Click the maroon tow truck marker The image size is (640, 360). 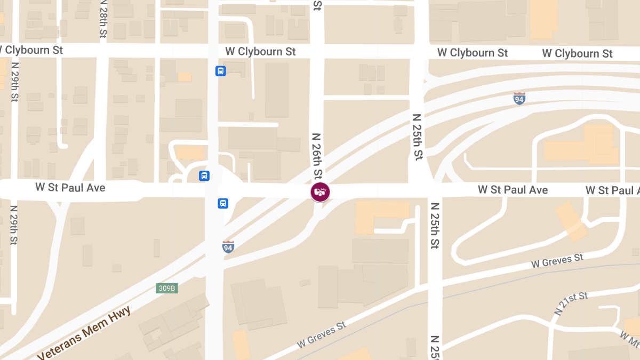(x=320, y=192)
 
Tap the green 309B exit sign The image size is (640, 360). (x=166, y=289)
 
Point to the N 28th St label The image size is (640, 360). (x=103, y=19)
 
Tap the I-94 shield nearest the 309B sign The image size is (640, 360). (x=228, y=246)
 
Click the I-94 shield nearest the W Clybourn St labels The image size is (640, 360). (x=519, y=99)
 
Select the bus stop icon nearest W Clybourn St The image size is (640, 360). (x=220, y=71)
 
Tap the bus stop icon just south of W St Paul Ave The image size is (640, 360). (x=223, y=203)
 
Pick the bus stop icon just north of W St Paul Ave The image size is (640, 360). (x=204, y=175)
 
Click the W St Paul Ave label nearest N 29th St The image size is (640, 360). (x=70, y=188)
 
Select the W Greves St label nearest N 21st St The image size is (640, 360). (x=557, y=261)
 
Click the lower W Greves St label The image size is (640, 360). (x=322, y=334)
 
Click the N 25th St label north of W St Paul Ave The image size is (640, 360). (x=417, y=137)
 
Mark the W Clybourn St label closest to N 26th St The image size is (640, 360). (x=260, y=52)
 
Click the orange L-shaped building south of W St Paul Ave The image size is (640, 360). (x=379, y=217)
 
